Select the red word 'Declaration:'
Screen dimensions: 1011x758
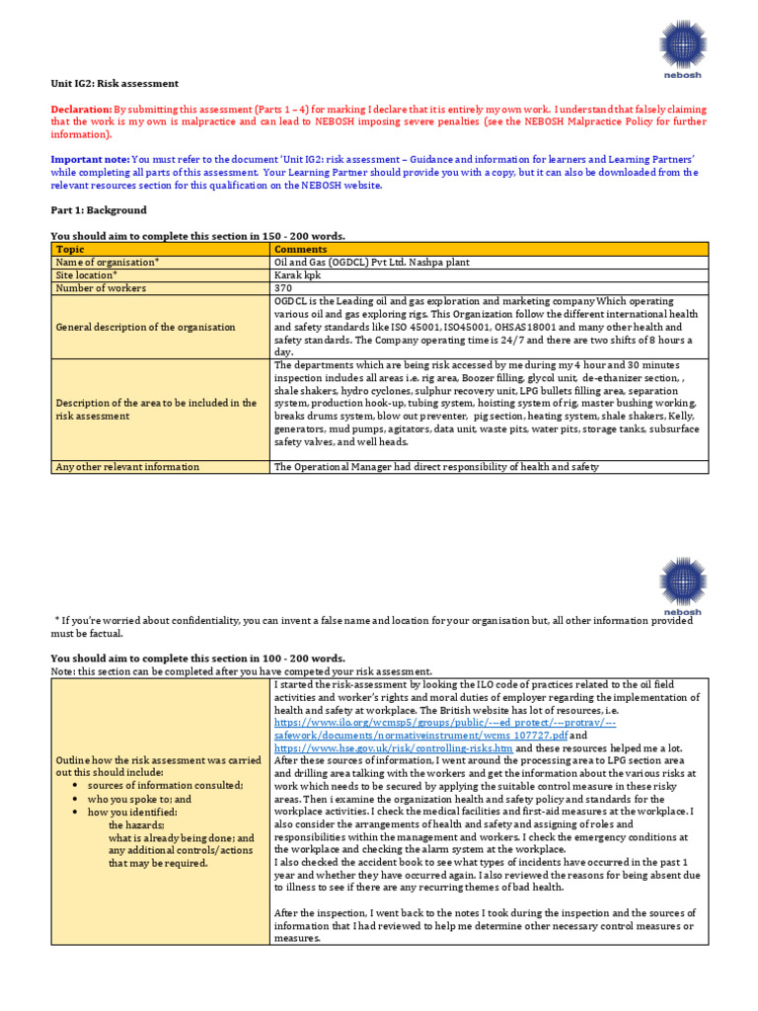point(80,110)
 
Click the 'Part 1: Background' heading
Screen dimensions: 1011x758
point(99,210)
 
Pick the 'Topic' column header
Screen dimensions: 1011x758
point(70,250)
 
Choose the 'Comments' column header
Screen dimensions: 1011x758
point(300,250)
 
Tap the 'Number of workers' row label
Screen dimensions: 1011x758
point(101,288)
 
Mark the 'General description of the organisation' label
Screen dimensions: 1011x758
point(146,327)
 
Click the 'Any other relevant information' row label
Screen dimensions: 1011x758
point(127,467)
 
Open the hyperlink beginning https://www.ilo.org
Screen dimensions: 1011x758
point(444,723)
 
